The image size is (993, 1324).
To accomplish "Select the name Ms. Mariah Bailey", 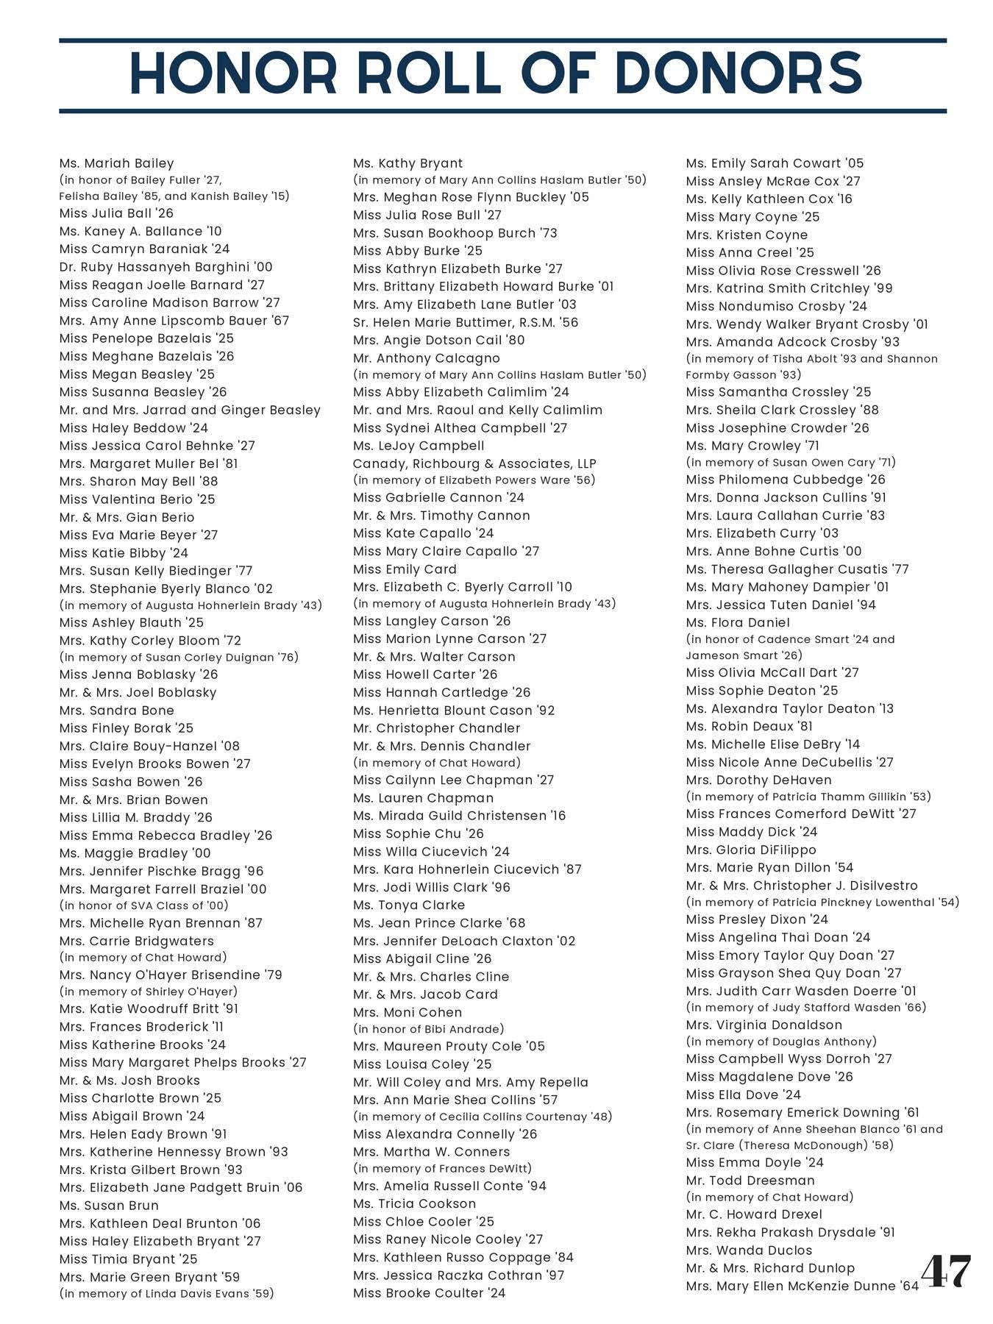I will coord(116,163).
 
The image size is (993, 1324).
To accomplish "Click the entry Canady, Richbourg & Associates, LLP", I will coord(474,463).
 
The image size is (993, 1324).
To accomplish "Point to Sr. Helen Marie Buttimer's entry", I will coord(466,322).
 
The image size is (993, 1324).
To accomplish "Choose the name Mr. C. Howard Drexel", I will coord(754,1214).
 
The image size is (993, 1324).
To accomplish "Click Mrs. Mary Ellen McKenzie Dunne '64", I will coord(802,1286).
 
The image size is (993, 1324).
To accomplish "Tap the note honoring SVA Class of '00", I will coord(143,905).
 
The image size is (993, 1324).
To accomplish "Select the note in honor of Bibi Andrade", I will coord(429,1029).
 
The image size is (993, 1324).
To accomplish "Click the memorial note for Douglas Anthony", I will coord(781,1042).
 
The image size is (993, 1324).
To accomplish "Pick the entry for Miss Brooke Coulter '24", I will coord(429,1293).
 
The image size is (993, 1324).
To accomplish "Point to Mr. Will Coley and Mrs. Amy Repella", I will coord(471,1082).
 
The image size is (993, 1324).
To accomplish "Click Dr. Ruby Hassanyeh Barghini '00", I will coord(165,267).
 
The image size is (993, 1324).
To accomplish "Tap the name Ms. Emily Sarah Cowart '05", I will coord(775,163).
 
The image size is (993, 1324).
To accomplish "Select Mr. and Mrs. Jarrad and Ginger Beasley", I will coord(190,410).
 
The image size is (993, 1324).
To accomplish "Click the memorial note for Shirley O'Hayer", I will coord(149,992).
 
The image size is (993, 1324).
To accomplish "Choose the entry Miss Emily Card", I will coord(405,569).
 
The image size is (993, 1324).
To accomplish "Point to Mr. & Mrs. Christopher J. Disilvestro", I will coord(802,886).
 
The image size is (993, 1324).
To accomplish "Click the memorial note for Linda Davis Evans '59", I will coord(166,1293).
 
